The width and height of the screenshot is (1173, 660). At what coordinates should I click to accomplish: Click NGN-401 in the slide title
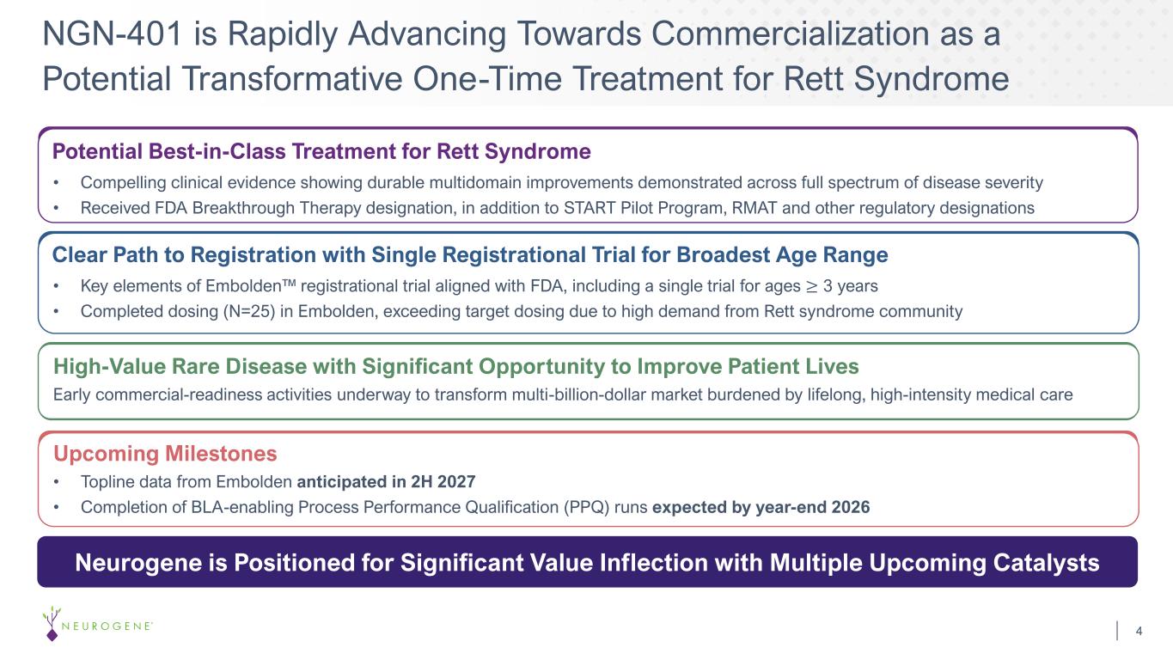point(112,34)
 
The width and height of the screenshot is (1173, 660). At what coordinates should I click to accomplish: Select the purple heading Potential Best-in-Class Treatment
point(321,151)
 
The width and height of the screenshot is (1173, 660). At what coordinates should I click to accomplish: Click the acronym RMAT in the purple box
point(755,208)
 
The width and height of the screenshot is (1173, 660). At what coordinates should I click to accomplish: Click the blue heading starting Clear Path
point(470,254)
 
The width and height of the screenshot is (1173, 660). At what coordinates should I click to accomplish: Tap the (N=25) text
point(249,311)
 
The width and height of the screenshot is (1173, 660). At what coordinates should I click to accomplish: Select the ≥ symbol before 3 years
point(811,286)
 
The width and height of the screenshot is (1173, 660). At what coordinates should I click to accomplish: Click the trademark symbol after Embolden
point(289,283)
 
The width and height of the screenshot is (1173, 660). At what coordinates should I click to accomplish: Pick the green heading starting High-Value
point(456,366)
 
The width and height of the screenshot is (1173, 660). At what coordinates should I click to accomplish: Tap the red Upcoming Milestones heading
point(165,454)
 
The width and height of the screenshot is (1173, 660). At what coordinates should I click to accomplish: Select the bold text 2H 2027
point(443,481)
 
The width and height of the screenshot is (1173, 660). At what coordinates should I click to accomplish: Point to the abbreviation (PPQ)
point(586,507)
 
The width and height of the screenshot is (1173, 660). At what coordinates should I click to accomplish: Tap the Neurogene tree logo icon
point(52,623)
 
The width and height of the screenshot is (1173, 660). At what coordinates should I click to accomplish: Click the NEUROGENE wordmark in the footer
point(107,626)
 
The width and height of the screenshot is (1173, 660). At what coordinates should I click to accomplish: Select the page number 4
point(1139,631)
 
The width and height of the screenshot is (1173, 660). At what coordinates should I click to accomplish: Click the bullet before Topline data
point(56,482)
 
